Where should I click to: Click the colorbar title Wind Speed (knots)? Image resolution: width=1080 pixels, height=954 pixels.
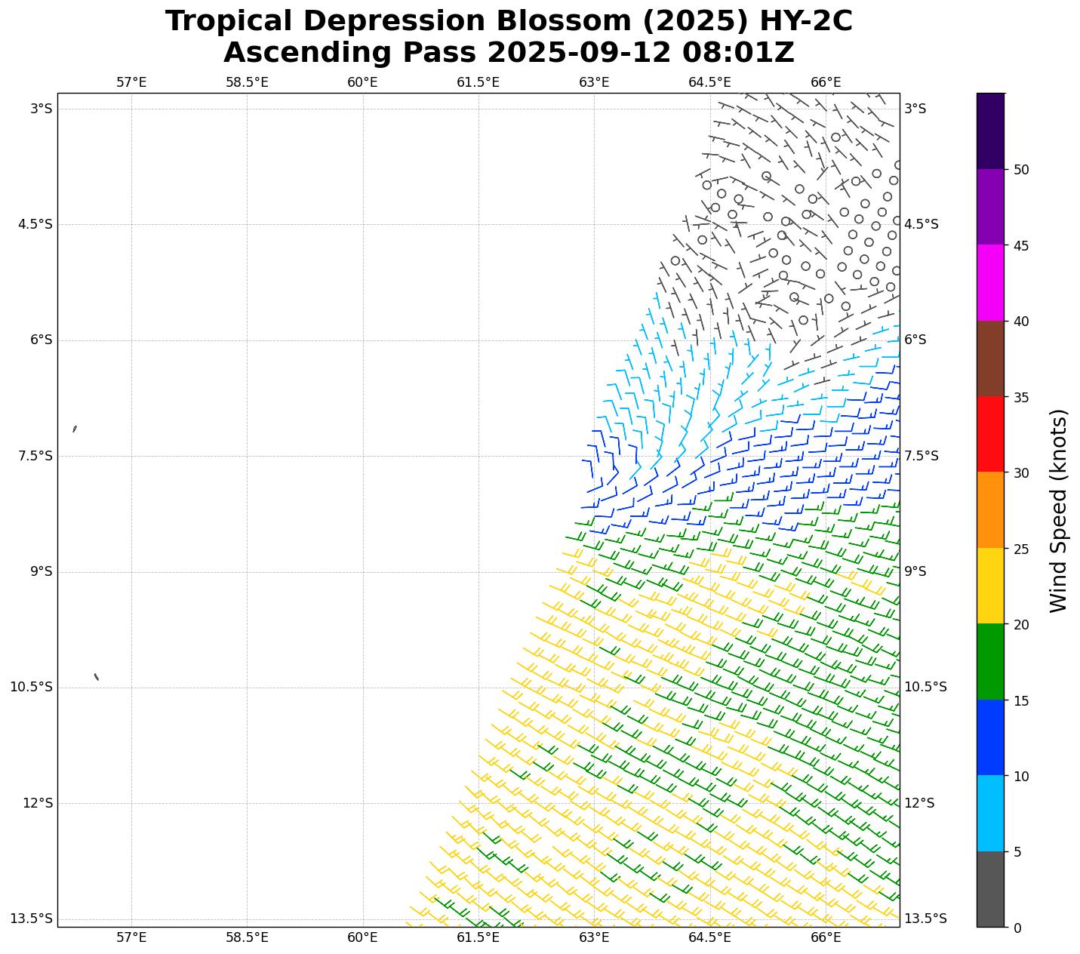(1059, 510)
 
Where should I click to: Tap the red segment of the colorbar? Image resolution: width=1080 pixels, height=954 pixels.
(990, 434)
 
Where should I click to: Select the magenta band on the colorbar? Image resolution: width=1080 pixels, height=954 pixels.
(990, 282)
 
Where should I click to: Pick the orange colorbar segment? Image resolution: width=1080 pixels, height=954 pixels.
(990, 509)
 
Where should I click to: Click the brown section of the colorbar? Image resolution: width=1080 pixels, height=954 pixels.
(990, 359)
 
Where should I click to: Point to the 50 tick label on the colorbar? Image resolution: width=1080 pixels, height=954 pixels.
(1020, 170)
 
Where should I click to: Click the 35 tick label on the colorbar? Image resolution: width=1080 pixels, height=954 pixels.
(1020, 397)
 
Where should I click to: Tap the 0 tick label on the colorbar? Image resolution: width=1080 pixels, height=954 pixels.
(1017, 928)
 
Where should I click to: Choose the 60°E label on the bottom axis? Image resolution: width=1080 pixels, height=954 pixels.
(362, 937)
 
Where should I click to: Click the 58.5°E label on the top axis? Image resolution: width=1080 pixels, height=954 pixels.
(247, 82)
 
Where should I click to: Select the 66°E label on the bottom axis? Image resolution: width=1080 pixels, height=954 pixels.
(826, 937)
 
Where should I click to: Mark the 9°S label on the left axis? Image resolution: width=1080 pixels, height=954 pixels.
(41, 571)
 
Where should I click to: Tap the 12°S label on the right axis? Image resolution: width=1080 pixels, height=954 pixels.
(919, 803)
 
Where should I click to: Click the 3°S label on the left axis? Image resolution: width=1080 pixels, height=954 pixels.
(41, 109)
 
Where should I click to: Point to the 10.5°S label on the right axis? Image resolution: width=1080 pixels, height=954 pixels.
(925, 687)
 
